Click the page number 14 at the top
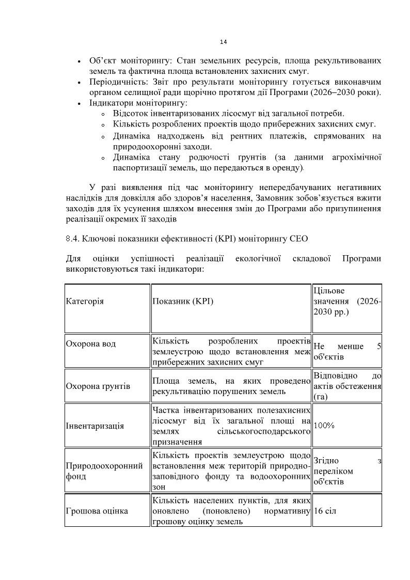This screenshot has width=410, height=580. tap(223, 42)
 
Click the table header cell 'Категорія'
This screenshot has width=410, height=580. tap(85, 301)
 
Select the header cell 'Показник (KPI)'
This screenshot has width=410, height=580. tap(182, 301)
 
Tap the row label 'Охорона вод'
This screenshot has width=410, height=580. tap(91, 344)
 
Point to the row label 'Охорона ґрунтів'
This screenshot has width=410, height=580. tap(98, 386)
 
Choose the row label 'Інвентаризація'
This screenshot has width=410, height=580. tap(95, 426)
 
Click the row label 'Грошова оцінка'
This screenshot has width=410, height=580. tap(97, 511)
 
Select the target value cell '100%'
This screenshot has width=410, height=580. tap(324, 426)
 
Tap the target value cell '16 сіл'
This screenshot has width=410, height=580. tap(325, 511)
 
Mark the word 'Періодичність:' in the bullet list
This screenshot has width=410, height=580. tap(114, 82)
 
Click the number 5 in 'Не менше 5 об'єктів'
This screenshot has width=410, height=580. tap(379, 346)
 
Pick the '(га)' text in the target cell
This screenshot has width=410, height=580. tap(320, 397)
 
